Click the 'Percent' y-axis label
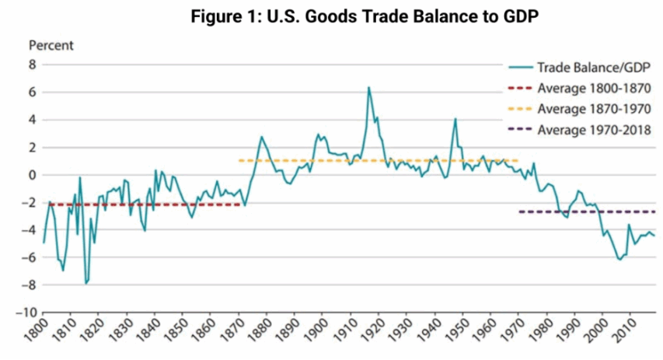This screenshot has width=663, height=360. click(x=51, y=45)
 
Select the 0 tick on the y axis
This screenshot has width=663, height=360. click(x=32, y=175)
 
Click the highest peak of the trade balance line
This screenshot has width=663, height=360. click(x=368, y=87)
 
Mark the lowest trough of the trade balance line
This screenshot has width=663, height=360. click(x=85, y=284)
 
